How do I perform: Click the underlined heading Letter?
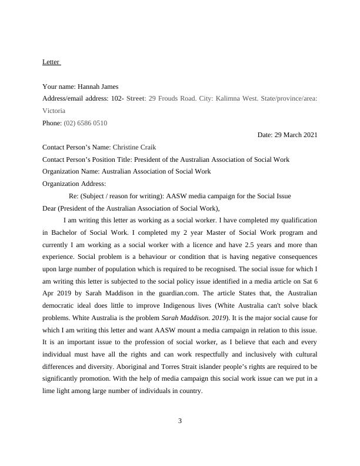coord(51,62)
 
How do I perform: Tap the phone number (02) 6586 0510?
coord(85,123)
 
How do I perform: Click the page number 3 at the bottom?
coord(180,420)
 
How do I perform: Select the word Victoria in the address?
coord(54,110)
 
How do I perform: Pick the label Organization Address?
coord(74,184)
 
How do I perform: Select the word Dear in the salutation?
coord(51,208)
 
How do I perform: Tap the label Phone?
coord(52,123)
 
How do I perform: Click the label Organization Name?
coord(71,171)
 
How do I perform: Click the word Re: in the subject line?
coord(74,196)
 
